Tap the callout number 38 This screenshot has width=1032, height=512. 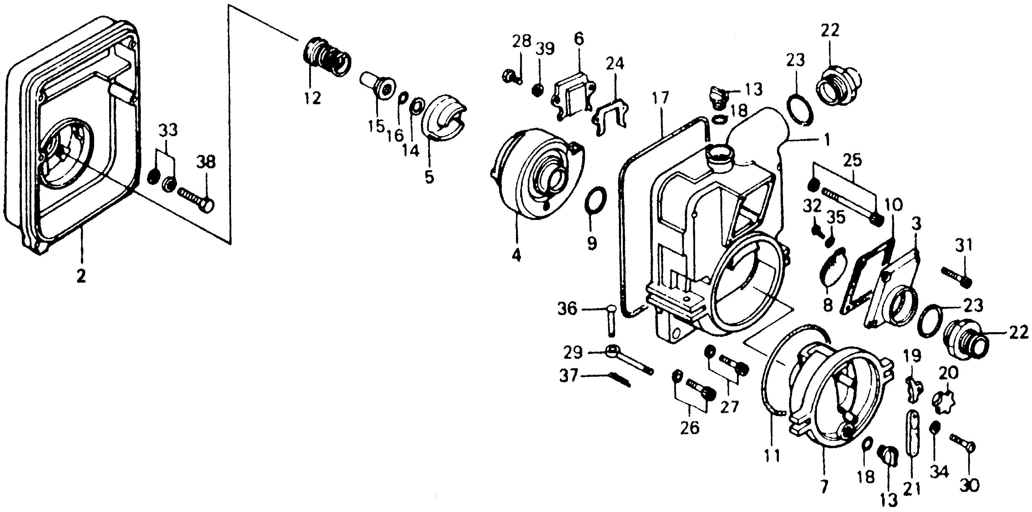[x=206, y=163]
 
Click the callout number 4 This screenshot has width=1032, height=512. [x=516, y=254]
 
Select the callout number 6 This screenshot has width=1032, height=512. [x=579, y=40]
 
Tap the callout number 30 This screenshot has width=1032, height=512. [x=969, y=485]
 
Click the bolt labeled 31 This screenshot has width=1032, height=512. [x=958, y=277]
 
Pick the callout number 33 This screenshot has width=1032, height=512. [x=169, y=131]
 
